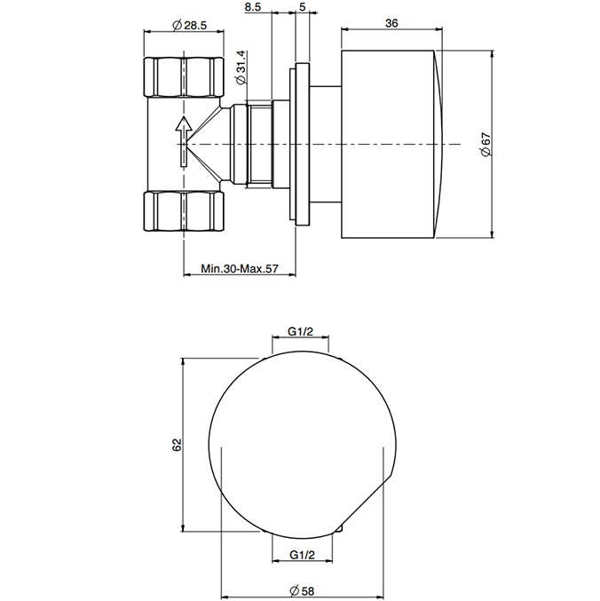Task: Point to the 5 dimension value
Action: click(x=304, y=9)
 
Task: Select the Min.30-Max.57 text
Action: click(x=240, y=267)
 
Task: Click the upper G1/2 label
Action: click(x=299, y=332)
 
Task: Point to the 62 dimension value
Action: click(x=178, y=443)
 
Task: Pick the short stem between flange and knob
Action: click(x=325, y=142)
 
